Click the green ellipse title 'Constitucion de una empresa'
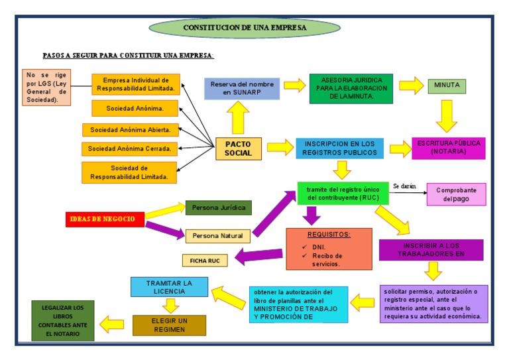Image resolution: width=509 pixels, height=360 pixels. click(245, 28)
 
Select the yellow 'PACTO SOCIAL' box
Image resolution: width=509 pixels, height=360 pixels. click(239, 149)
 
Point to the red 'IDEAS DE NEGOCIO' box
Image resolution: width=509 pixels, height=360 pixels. click(105, 219)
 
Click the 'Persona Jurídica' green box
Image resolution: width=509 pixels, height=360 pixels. click(218, 208)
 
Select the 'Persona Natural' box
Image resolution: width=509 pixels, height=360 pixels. click(217, 235)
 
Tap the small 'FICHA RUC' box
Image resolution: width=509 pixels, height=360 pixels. click(205, 261)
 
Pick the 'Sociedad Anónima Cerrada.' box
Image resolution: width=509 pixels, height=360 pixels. click(129, 149)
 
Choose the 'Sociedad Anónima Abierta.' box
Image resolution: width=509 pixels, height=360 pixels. click(130, 130)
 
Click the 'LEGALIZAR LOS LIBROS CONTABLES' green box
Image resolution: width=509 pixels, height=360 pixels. click(62, 320)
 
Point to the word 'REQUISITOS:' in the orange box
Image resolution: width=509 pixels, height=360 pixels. click(329, 235)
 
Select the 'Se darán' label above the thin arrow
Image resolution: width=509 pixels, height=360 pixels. click(404, 186)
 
